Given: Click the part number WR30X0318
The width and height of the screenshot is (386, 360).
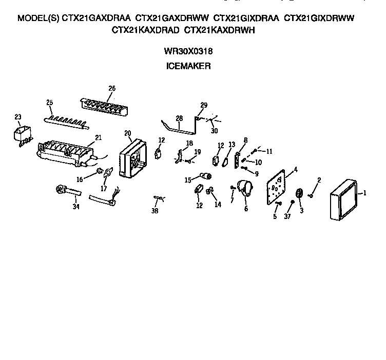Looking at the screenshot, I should pos(188,51).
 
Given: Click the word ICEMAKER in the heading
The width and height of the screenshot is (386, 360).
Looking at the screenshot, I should pos(188,66).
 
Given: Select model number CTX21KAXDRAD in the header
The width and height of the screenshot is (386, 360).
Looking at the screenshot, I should pos(145,30).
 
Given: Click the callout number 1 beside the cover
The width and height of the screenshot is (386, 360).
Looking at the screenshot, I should pos(365,193).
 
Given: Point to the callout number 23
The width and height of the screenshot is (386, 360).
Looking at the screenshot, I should pos(17,117).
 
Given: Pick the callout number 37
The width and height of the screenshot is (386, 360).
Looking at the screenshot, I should pos(287,217).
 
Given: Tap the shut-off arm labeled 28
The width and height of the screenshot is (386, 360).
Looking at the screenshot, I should pos(177,128).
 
